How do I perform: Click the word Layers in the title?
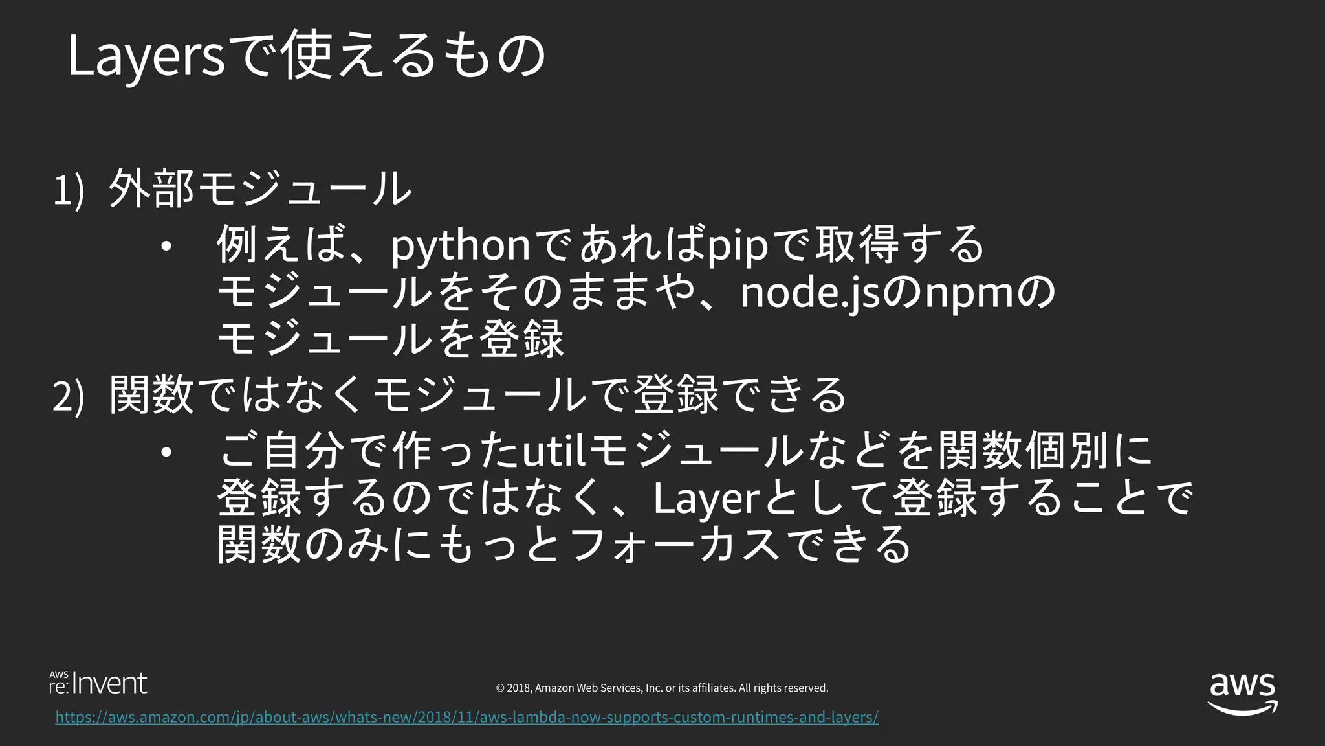tap(146, 57)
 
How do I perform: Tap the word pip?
tap(737, 247)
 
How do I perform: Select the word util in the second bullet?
tap(554, 452)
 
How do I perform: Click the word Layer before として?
tap(705, 499)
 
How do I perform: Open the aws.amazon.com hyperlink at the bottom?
tap(466, 717)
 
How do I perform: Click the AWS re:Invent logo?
tap(98, 684)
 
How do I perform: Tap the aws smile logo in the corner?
tap(1242, 694)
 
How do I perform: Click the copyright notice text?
tap(662, 688)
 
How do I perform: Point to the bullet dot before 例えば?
tap(166, 247)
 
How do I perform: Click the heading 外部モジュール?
tap(259, 189)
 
